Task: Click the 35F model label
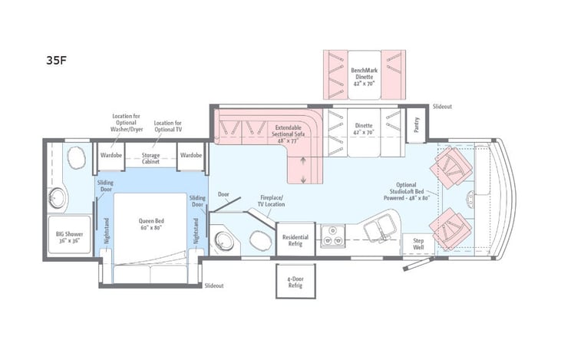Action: click(58, 58)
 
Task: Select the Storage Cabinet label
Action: click(150, 158)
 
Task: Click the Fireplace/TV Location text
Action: click(270, 201)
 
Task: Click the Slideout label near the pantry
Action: click(443, 107)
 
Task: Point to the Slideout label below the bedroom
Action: click(214, 286)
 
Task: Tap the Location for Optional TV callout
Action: click(167, 125)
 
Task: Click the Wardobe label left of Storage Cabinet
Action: click(112, 155)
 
